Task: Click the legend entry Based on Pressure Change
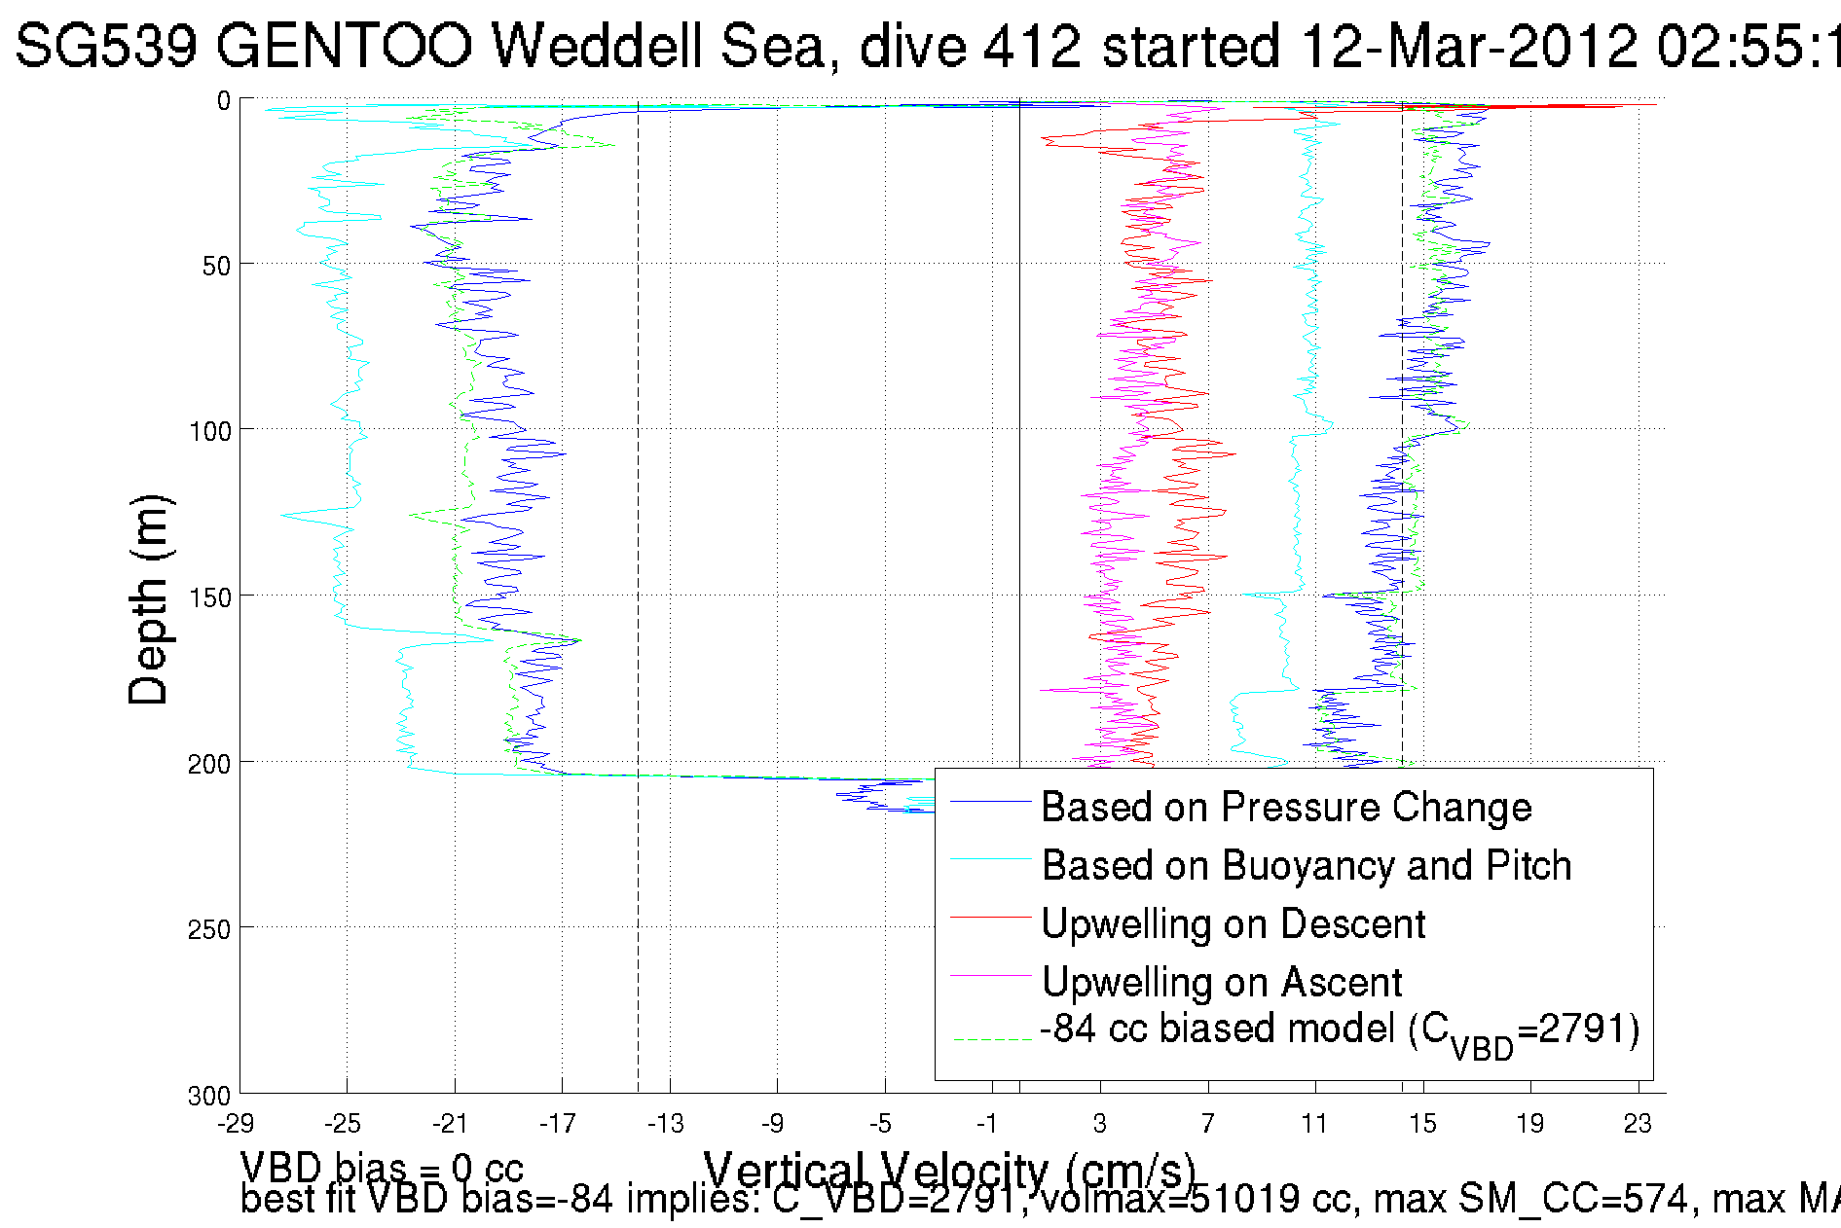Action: [x=1286, y=807]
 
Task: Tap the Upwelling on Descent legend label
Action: [x=1233, y=923]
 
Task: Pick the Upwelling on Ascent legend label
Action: [x=1222, y=982]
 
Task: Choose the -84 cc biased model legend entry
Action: [x=1340, y=1030]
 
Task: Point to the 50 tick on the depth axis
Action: [x=215, y=266]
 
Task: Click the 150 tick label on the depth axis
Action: [x=208, y=597]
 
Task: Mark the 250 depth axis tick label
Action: [x=208, y=929]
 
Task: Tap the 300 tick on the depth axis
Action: [x=208, y=1096]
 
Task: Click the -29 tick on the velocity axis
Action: [x=236, y=1124]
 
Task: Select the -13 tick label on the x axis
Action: [x=666, y=1124]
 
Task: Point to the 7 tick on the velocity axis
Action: [x=1207, y=1124]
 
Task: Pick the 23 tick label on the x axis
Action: [x=1638, y=1124]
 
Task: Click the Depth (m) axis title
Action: [x=149, y=599]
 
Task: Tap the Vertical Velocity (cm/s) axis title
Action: [x=949, y=1168]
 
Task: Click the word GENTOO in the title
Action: [x=345, y=46]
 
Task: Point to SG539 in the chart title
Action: [x=106, y=46]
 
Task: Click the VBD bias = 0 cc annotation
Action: [x=382, y=1167]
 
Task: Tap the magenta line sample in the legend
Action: [x=990, y=976]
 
